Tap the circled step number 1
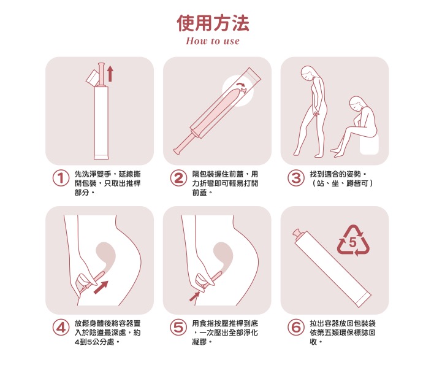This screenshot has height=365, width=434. pos(60,179)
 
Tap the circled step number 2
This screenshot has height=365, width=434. pos(178,179)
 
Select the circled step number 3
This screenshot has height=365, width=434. pos(296,179)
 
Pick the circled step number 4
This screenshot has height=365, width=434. pos(60,328)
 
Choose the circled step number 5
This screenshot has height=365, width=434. pos(178,328)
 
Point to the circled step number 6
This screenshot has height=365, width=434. pos(296,328)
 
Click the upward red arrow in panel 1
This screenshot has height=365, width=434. pos(110,74)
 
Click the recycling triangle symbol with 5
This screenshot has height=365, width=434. pos(352,241)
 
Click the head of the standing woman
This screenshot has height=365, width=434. pos(309,74)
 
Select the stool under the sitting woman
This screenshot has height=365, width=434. pos(369,145)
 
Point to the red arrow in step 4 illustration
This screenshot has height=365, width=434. pos(102,286)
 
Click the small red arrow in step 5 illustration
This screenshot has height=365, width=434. pos(194,297)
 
